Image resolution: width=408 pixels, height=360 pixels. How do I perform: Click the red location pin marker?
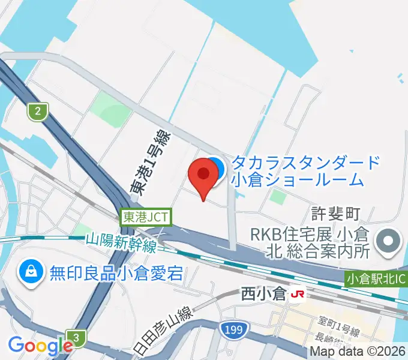[x=203, y=175]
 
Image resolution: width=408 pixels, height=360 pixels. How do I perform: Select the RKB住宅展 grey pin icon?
[x=388, y=242]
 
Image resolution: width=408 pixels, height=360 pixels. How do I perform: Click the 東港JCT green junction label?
[x=146, y=217]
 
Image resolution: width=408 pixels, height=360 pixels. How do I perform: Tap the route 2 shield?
[x=38, y=110]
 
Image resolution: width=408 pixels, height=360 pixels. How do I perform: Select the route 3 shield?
[x=77, y=337]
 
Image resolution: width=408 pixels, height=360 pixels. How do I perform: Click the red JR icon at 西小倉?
[x=296, y=295]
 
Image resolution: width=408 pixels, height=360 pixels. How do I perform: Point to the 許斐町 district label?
[x=335, y=213]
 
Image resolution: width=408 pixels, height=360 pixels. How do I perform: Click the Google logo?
[x=40, y=345]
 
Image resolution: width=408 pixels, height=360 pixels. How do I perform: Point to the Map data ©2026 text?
[x=358, y=351]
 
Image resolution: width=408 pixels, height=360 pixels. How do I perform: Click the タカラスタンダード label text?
[x=305, y=162]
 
